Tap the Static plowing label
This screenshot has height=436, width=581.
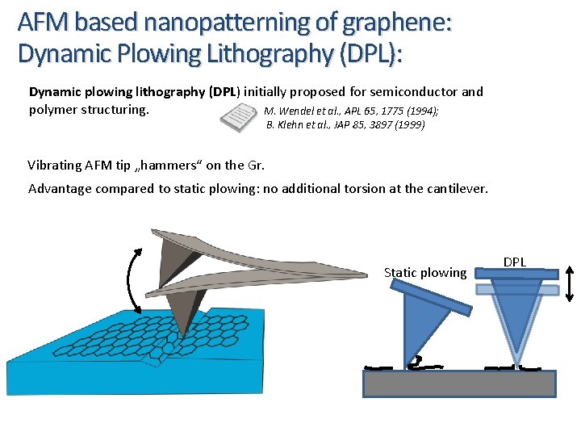tap(425, 273)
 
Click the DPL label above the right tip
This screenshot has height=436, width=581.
tap(515, 262)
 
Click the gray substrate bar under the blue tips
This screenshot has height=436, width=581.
tap(459, 384)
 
